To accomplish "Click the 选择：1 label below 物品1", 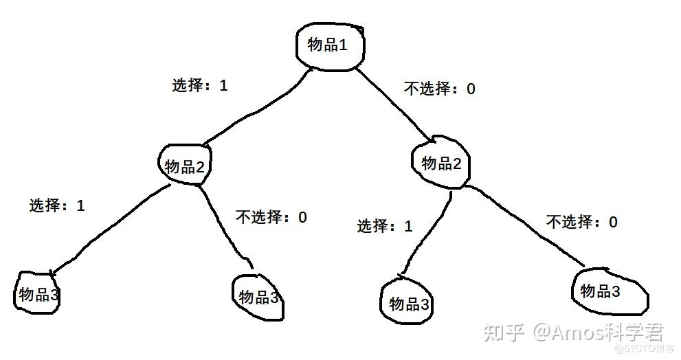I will click(199, 86).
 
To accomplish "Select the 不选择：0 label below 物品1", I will click(439, 88).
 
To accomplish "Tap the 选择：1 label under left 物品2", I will click(57, 205).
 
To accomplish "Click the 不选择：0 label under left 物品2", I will click(271, 218).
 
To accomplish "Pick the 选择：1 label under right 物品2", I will click(385, 226).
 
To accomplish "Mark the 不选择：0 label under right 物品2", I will click(582, 222).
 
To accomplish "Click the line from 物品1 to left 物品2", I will click(251, 112).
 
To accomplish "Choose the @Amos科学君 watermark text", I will click(598, 333).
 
